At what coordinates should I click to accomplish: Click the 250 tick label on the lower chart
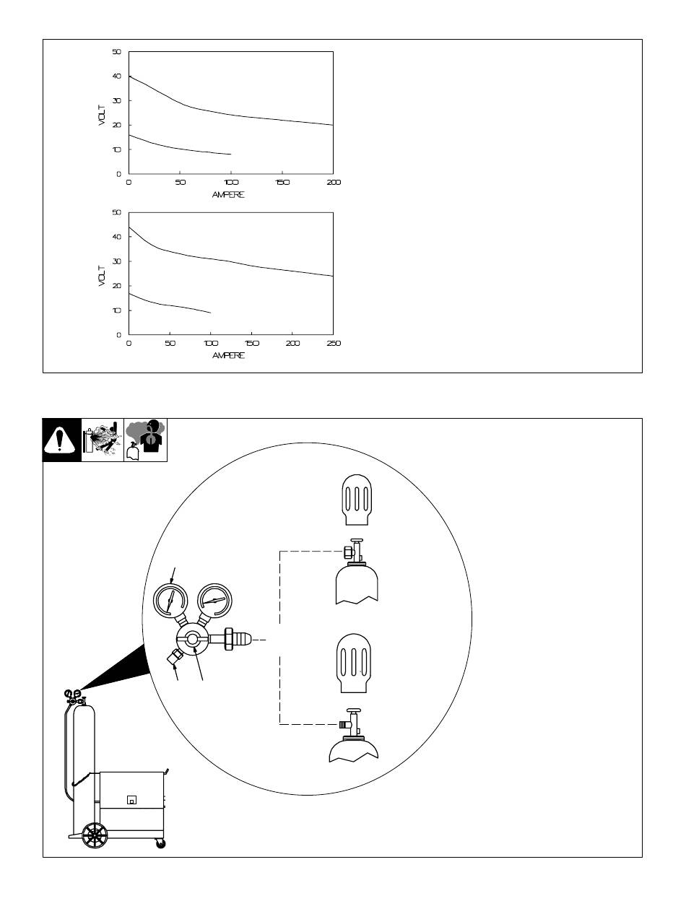pyautogui.click(x=334, y=343)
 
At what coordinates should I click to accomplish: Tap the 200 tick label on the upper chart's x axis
pyautogui.click(x=334, y=182)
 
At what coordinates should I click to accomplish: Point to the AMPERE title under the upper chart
pyautogui.click(x=228, y=194)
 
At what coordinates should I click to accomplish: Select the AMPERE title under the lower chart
pyautogui.click(x=228, y=355)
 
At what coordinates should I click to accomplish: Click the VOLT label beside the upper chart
pyautogui.click(x=103, y=116)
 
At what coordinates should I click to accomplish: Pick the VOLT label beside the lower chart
pyautogui.click(x=103, y=276)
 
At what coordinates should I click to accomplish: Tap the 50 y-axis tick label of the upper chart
pyautogui.click(x=116, y=52)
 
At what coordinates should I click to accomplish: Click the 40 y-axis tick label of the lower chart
pyautogui.click(x=116, y=237)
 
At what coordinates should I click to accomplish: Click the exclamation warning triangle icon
pyautogui.click(x=60, y=440)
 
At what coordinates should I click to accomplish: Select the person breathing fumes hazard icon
pyautogui.click(x=146, y=440)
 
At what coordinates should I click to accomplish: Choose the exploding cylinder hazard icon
pyautogui.click(x=103, y=440)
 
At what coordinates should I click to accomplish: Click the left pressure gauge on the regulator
pyautogui.click(x=170, y=601)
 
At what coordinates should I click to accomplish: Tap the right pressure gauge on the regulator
pyautogui.click(x=214, y=601)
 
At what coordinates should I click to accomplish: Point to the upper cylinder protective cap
pyautogui.click(x=357, y=500)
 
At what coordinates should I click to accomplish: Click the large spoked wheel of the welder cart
pyautogui.click(x=95, y=835)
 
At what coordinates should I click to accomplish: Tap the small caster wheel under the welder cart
pyautogui.click(x=160, y=843)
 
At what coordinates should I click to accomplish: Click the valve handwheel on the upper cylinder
pyautogui.click(x=357, y=540)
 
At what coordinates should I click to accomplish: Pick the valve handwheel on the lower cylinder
pyautogui.click(x=353, y=710)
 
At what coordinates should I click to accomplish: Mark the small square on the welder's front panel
pyautogui.click(x=131, y=799)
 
